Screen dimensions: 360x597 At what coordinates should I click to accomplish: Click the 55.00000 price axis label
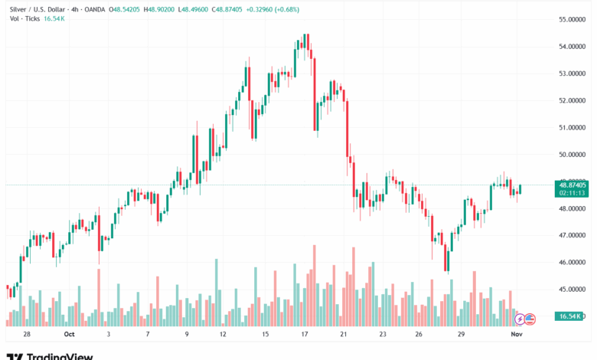573,19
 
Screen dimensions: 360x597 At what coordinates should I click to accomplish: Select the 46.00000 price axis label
573,262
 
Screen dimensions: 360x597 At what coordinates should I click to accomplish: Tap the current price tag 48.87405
573,185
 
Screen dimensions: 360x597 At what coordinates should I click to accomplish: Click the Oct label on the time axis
70,335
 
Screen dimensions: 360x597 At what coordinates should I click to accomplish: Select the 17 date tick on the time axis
305,335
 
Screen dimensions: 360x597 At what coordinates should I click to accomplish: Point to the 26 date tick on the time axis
419,335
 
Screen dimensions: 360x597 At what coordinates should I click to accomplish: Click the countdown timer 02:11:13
573,193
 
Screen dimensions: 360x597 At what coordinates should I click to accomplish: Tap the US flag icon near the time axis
529,318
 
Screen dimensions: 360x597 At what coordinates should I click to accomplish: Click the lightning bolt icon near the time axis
520,318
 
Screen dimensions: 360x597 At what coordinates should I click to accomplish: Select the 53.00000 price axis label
573,74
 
